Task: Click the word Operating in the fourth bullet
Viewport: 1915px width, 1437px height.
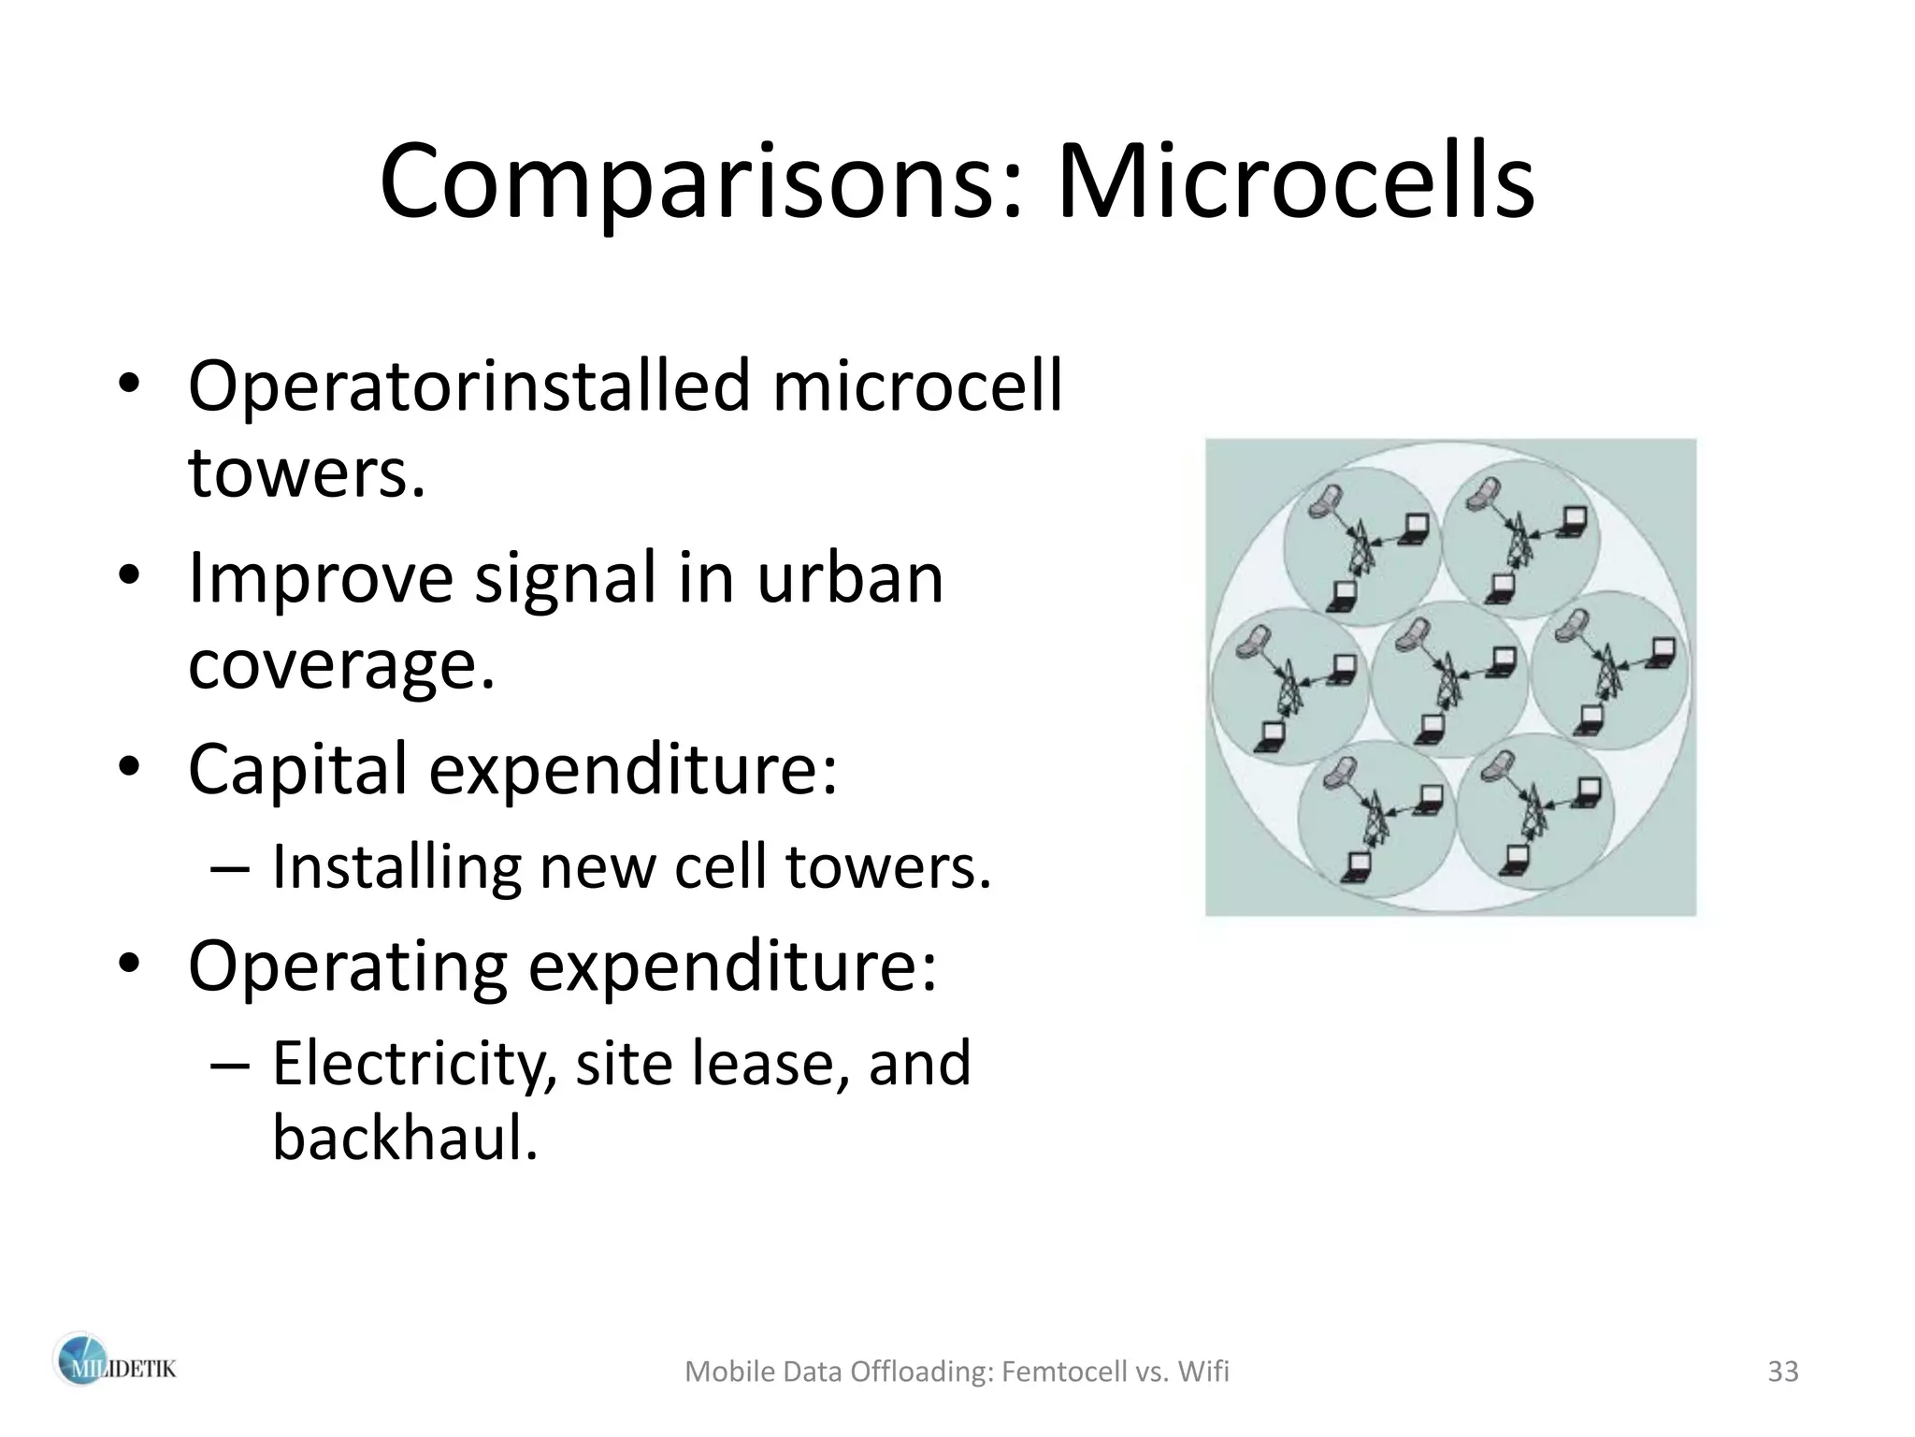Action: point(348,965)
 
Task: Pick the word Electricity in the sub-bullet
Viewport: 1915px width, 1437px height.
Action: point(409,1065)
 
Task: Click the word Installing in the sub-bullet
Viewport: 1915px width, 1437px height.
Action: point(396,867)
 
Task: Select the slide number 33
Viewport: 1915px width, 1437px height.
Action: point(1783,1372)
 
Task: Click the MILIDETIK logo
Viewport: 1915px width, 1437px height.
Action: point(113,1369)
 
